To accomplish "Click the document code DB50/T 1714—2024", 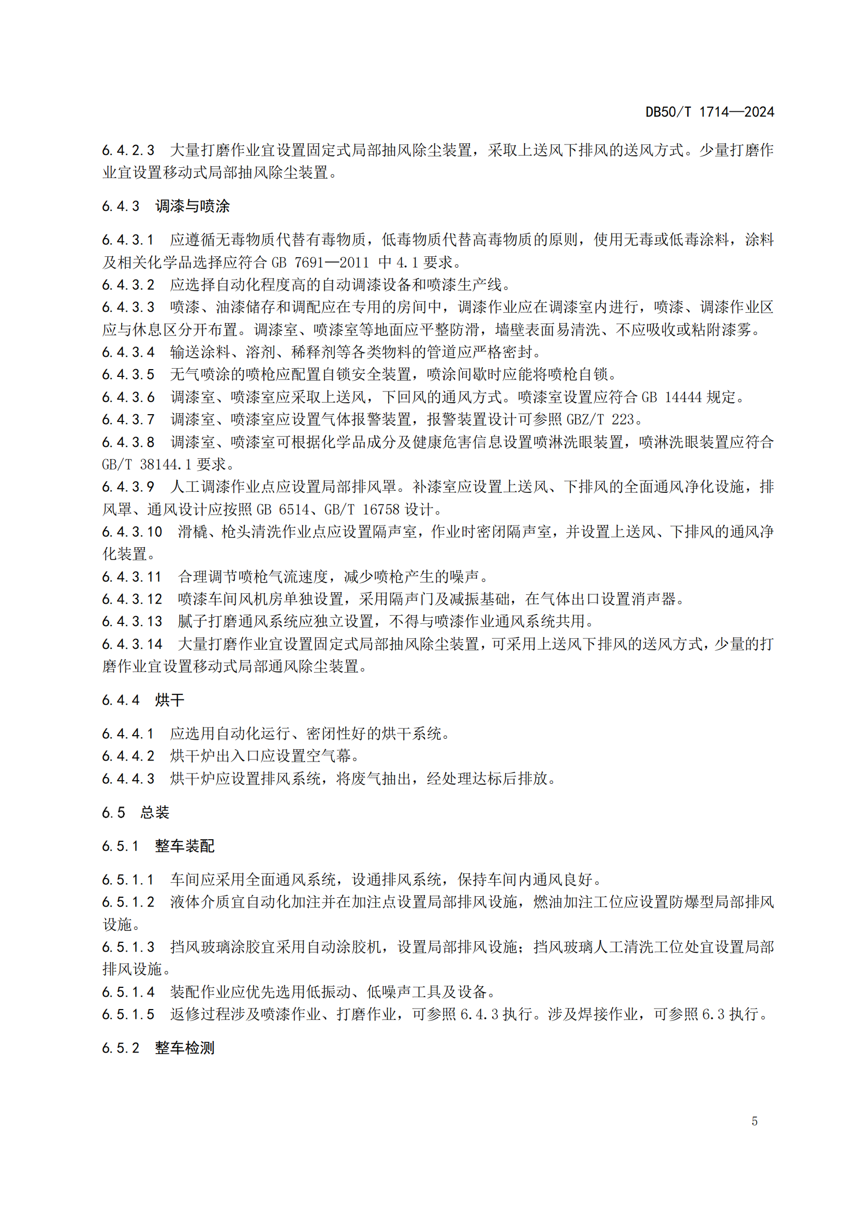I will point(710,112).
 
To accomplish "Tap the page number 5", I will point(754,1121).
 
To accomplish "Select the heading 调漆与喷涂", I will point(193,206).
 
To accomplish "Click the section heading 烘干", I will point(170,700).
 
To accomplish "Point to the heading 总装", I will point(154,812).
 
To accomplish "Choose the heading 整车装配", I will point(184,846).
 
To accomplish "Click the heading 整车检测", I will point(184,1047).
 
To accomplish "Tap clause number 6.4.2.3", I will point(128,150).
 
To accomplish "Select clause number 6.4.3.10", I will point(132,532).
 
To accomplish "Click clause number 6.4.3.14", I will point(132,644).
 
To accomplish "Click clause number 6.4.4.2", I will point(128,756).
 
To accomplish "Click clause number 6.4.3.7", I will point(128,420).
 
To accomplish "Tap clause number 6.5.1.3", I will point(128,947).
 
